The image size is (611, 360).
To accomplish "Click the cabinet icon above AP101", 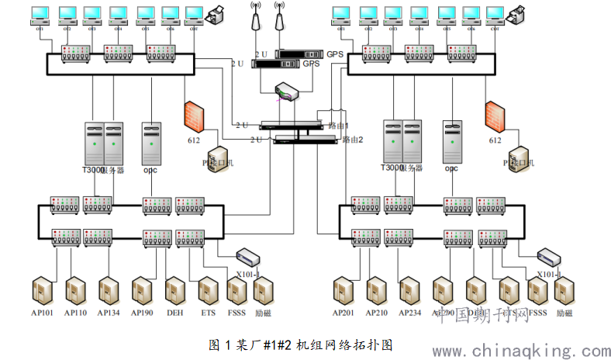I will [x=42, y=291].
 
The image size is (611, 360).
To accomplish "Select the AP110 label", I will [x=75, y=313].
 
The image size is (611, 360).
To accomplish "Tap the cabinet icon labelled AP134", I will [x=109, y=291].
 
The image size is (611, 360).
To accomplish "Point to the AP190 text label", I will [x=142, y=313].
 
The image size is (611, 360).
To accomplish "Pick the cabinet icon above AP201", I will [x=343, y=291].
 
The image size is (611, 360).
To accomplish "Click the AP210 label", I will [x=377, y=313].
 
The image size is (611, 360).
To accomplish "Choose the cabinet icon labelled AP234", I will [x=409, y=291].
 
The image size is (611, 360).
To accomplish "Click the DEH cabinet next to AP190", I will [x=175, y=291].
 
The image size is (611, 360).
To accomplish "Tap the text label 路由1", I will [x=339, y=125].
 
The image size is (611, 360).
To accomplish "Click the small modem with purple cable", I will [x=286, y=93].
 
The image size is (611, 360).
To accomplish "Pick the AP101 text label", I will [x=42, y=313].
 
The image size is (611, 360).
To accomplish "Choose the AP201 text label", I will [x=343, y=313].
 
